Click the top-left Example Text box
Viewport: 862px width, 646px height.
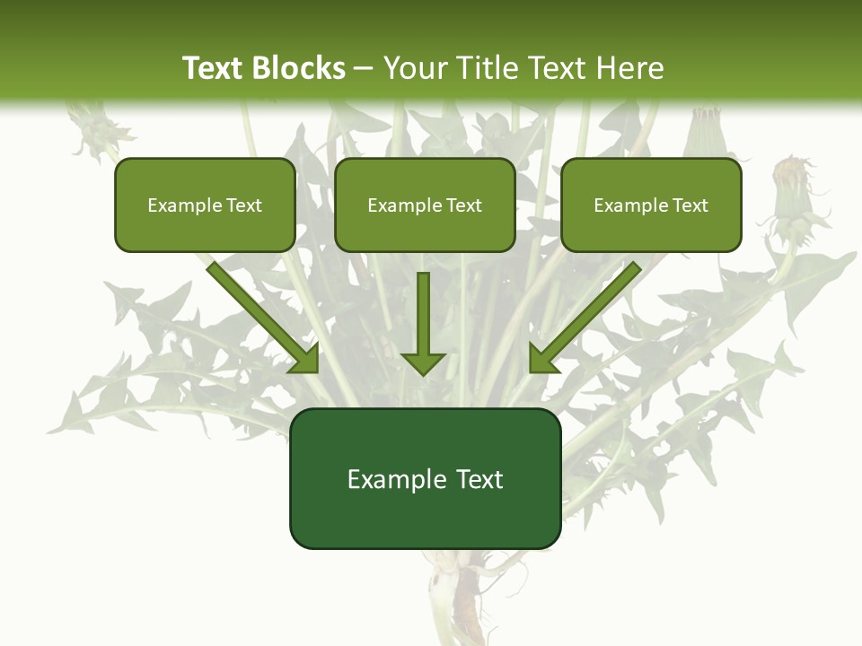click(205, 205)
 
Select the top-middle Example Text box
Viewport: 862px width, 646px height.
click(425, 205)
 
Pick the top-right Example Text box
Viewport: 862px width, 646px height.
click(651, 205)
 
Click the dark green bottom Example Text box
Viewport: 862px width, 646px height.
click(425, 478)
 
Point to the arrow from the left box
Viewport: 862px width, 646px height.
click(266, 318)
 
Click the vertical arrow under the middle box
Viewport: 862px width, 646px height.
click(423, 323)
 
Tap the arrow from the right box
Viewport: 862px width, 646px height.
click(584, 318)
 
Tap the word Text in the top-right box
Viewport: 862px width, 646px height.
click(690, 205)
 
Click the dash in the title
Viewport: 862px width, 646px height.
click(364, 68)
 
